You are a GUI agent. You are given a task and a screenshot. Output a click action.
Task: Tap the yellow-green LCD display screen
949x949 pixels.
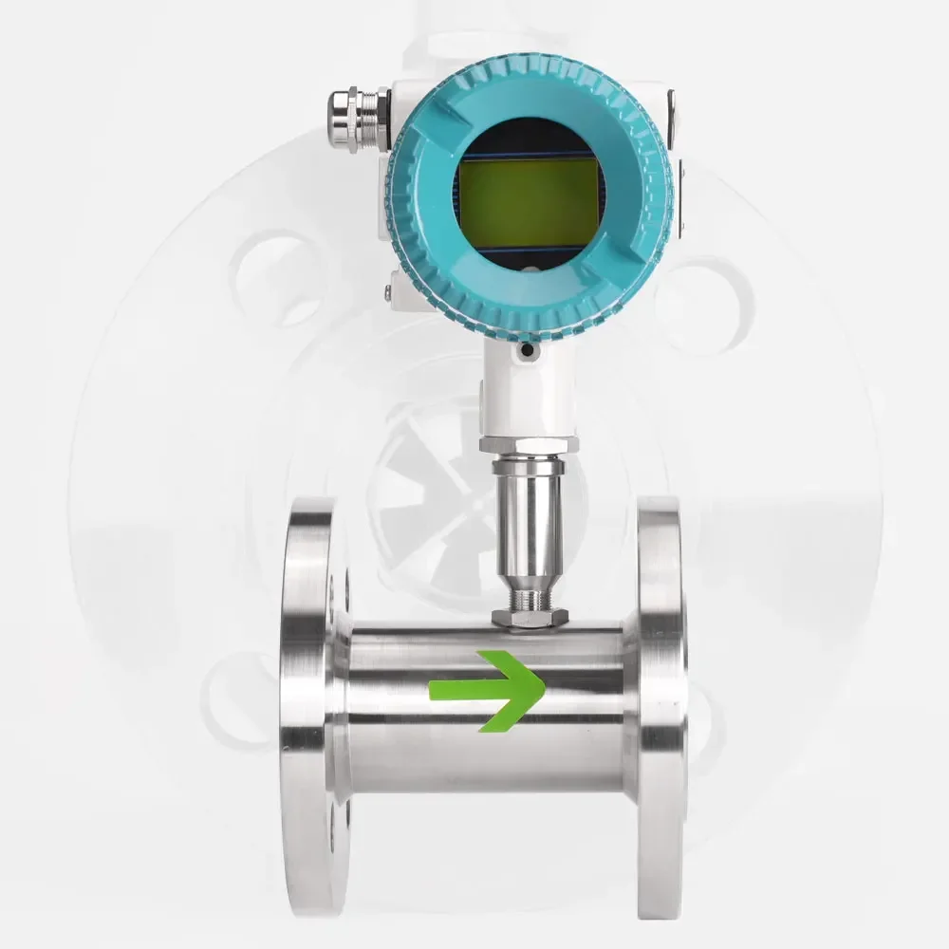pos(527,202)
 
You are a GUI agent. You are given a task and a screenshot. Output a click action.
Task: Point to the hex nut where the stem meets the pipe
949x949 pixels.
pos(530,618)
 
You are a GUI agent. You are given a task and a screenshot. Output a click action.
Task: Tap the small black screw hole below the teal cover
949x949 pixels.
pos(528,352)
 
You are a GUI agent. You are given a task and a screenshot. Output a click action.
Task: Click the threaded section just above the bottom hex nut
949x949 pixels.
pos(530,598)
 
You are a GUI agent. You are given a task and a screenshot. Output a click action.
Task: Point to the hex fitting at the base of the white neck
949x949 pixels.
pos(529,444)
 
